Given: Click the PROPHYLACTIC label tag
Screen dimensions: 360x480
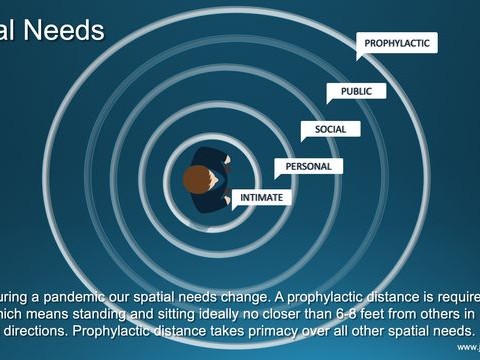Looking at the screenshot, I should tap(397, 44).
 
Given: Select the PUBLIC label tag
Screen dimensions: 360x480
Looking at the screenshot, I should tap(356, 91).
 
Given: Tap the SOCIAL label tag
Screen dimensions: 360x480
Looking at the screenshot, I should tap(330, 129).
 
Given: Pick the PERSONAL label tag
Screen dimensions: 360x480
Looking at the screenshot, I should tap(308, 166).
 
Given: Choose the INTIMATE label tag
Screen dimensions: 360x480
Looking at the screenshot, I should tap(261, 198).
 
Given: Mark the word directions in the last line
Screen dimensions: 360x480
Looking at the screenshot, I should tap(37, 331).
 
